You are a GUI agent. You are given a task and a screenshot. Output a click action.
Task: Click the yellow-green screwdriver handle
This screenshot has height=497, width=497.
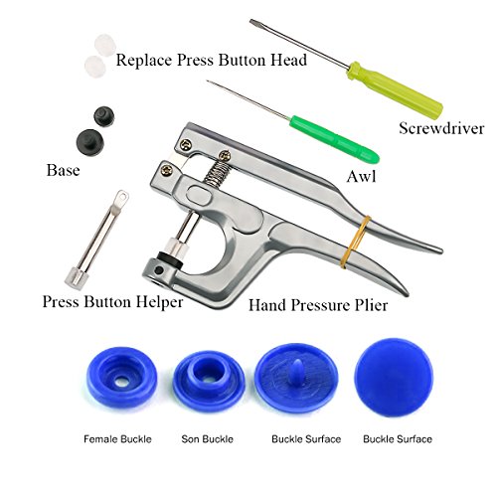[x=395, y=88]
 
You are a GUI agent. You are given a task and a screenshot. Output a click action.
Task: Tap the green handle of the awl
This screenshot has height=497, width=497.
[x=334, y=139]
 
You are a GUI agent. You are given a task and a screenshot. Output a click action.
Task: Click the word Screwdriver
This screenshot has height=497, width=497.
[x=441, y=128]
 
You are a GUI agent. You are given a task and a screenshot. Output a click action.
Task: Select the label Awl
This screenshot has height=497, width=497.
[x=361, y=176]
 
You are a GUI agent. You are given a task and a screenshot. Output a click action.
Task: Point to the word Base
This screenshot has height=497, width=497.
[x=63, y=170]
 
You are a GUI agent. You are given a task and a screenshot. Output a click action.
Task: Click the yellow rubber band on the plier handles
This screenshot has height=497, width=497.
[x=356, y=242]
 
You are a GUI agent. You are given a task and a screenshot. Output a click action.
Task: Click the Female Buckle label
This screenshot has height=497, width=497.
[x=117, y=439]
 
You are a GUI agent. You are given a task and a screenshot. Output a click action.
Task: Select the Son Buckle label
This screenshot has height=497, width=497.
[x=207, y=439]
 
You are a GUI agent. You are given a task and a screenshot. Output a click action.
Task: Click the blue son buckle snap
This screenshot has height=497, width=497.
[x=209, y=381]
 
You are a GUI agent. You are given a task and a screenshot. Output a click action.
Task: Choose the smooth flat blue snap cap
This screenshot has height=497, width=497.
[x=394, y=377]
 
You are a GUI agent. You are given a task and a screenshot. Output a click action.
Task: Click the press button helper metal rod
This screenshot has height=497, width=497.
[x=96, y=242]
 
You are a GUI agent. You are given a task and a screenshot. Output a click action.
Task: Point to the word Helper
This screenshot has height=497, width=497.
[x=159, y=302]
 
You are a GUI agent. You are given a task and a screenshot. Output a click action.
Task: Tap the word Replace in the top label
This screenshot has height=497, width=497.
[x=144, y=61]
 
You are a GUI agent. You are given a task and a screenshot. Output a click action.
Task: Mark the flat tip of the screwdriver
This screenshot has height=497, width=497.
[x=253, y=23]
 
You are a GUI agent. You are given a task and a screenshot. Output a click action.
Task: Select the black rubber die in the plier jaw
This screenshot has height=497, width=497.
[x=170, y=258]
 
